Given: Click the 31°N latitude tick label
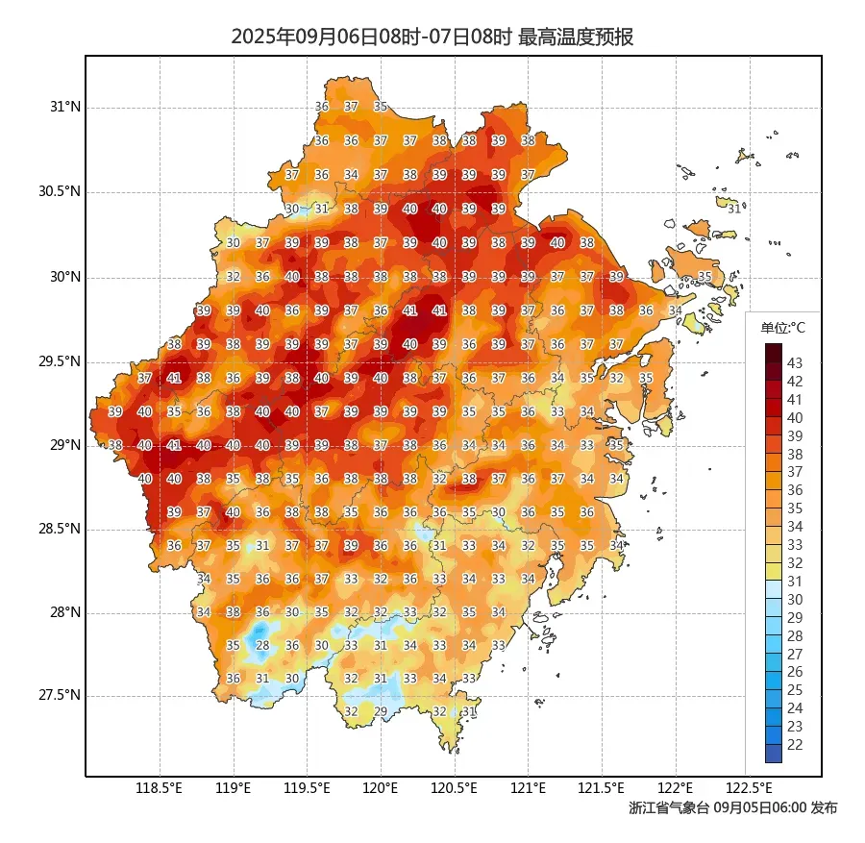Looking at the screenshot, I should [66, 107].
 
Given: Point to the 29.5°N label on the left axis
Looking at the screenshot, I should [60, 362].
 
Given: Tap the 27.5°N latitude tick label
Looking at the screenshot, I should [60, 695].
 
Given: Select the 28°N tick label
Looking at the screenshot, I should [66, 612].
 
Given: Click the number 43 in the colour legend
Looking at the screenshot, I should [795, 363].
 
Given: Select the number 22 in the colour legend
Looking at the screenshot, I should [795, 744].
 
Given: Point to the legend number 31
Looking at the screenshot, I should [795, 581].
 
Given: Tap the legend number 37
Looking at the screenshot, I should [795, 472].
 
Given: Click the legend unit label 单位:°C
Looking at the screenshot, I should [782, 328].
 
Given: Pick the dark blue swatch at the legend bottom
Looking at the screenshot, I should [774, 754].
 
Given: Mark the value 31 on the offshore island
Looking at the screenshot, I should [734, 209].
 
